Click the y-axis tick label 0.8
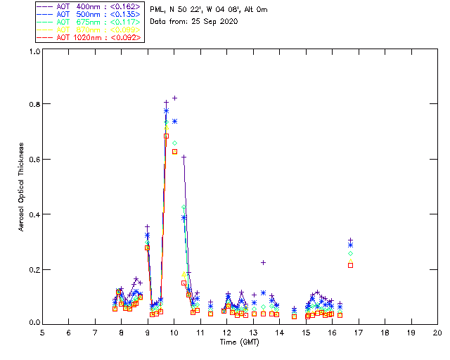pos(34,104)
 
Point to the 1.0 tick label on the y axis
pos(34,51)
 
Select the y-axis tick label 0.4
pos(34,214)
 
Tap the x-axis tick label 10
pos(174,332)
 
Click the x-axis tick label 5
pos(42,332)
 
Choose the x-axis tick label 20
pos(437,332)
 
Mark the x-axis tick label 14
pos(279,332)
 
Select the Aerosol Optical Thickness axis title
pos(22,186)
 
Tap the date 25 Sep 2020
pos(215,22)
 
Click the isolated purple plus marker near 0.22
pos(263,262)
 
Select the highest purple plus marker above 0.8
pos(174,98)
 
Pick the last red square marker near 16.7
pos(350,265)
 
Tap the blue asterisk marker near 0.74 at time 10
pos(174,121)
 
